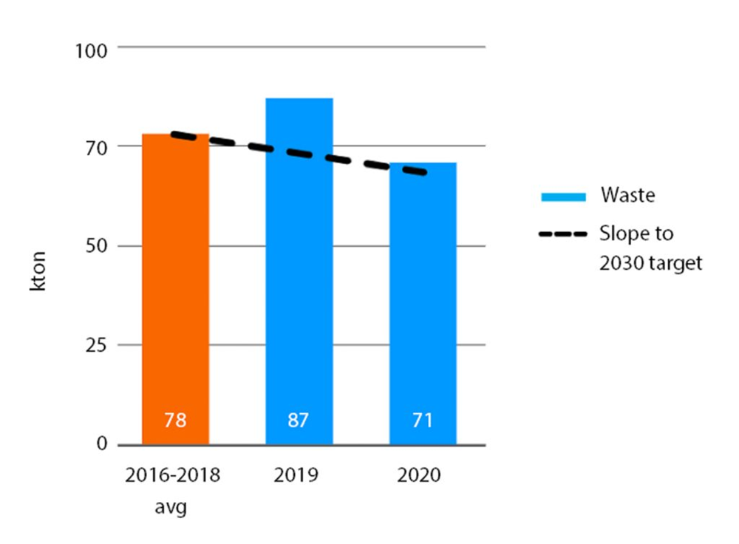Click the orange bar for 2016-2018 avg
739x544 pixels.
tap(175, 288)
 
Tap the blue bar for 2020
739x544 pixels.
tap(423, 303)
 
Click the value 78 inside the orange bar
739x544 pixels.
tap(175, 421)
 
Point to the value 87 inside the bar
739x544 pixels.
tap(299, 421)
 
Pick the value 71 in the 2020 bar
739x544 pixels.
tap(423, 421)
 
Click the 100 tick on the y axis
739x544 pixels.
tap(92, 50)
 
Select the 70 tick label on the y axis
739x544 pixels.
tap(96, 148)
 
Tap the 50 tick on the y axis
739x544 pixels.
tap(96, 247)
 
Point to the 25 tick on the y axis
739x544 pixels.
tap(96, 346)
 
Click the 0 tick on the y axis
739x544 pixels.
tap(102, 445)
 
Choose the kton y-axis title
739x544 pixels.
tap(38, 272)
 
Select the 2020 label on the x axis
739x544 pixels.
tap(418, 475)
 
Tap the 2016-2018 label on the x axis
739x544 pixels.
tap(172, 475)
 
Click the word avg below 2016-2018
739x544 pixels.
tap(171, 509)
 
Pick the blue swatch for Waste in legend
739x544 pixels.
tap(563, 197)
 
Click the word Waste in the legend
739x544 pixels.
tap(627, 196)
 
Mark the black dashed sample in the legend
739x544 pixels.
tap(563, 235)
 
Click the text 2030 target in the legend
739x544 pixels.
tap(650, 263)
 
